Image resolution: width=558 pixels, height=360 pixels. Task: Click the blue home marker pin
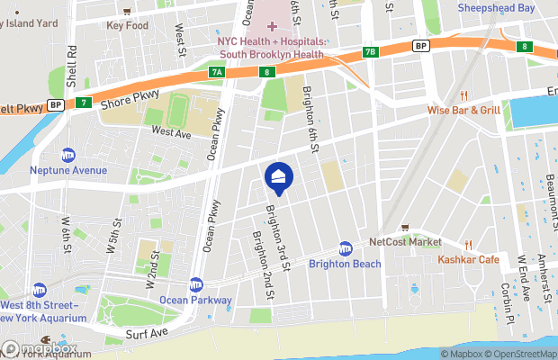pyautogui.click(x=278, y=176)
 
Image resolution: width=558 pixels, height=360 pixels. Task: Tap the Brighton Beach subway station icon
pyautogui.click(x=345, y=248)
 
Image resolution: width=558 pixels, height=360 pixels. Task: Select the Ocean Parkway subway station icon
pyautogui.click(x=196, y=284)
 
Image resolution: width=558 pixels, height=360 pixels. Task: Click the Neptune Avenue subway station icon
pyautogui.click(x=67, y=156)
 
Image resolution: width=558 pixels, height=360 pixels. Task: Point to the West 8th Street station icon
pyautogui.click(x=39, y=291)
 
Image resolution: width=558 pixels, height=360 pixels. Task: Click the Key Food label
pyautogui.click(x=127, y=24)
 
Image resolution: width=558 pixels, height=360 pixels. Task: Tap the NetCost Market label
pyautogui.click(x=406, y=242)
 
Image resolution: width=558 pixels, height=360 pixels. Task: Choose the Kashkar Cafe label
pyautogui.click(x=468, y=259)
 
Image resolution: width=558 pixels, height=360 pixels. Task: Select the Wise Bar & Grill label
pyautogui.click(x=463, y=110)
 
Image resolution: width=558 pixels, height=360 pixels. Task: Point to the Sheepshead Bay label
pyautogui.click(x=508, y=8)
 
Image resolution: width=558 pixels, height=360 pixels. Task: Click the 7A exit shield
pyautogui.click(x=216, y=71)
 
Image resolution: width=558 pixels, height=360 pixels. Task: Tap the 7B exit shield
pyautogui.click(x=370, y=51)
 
